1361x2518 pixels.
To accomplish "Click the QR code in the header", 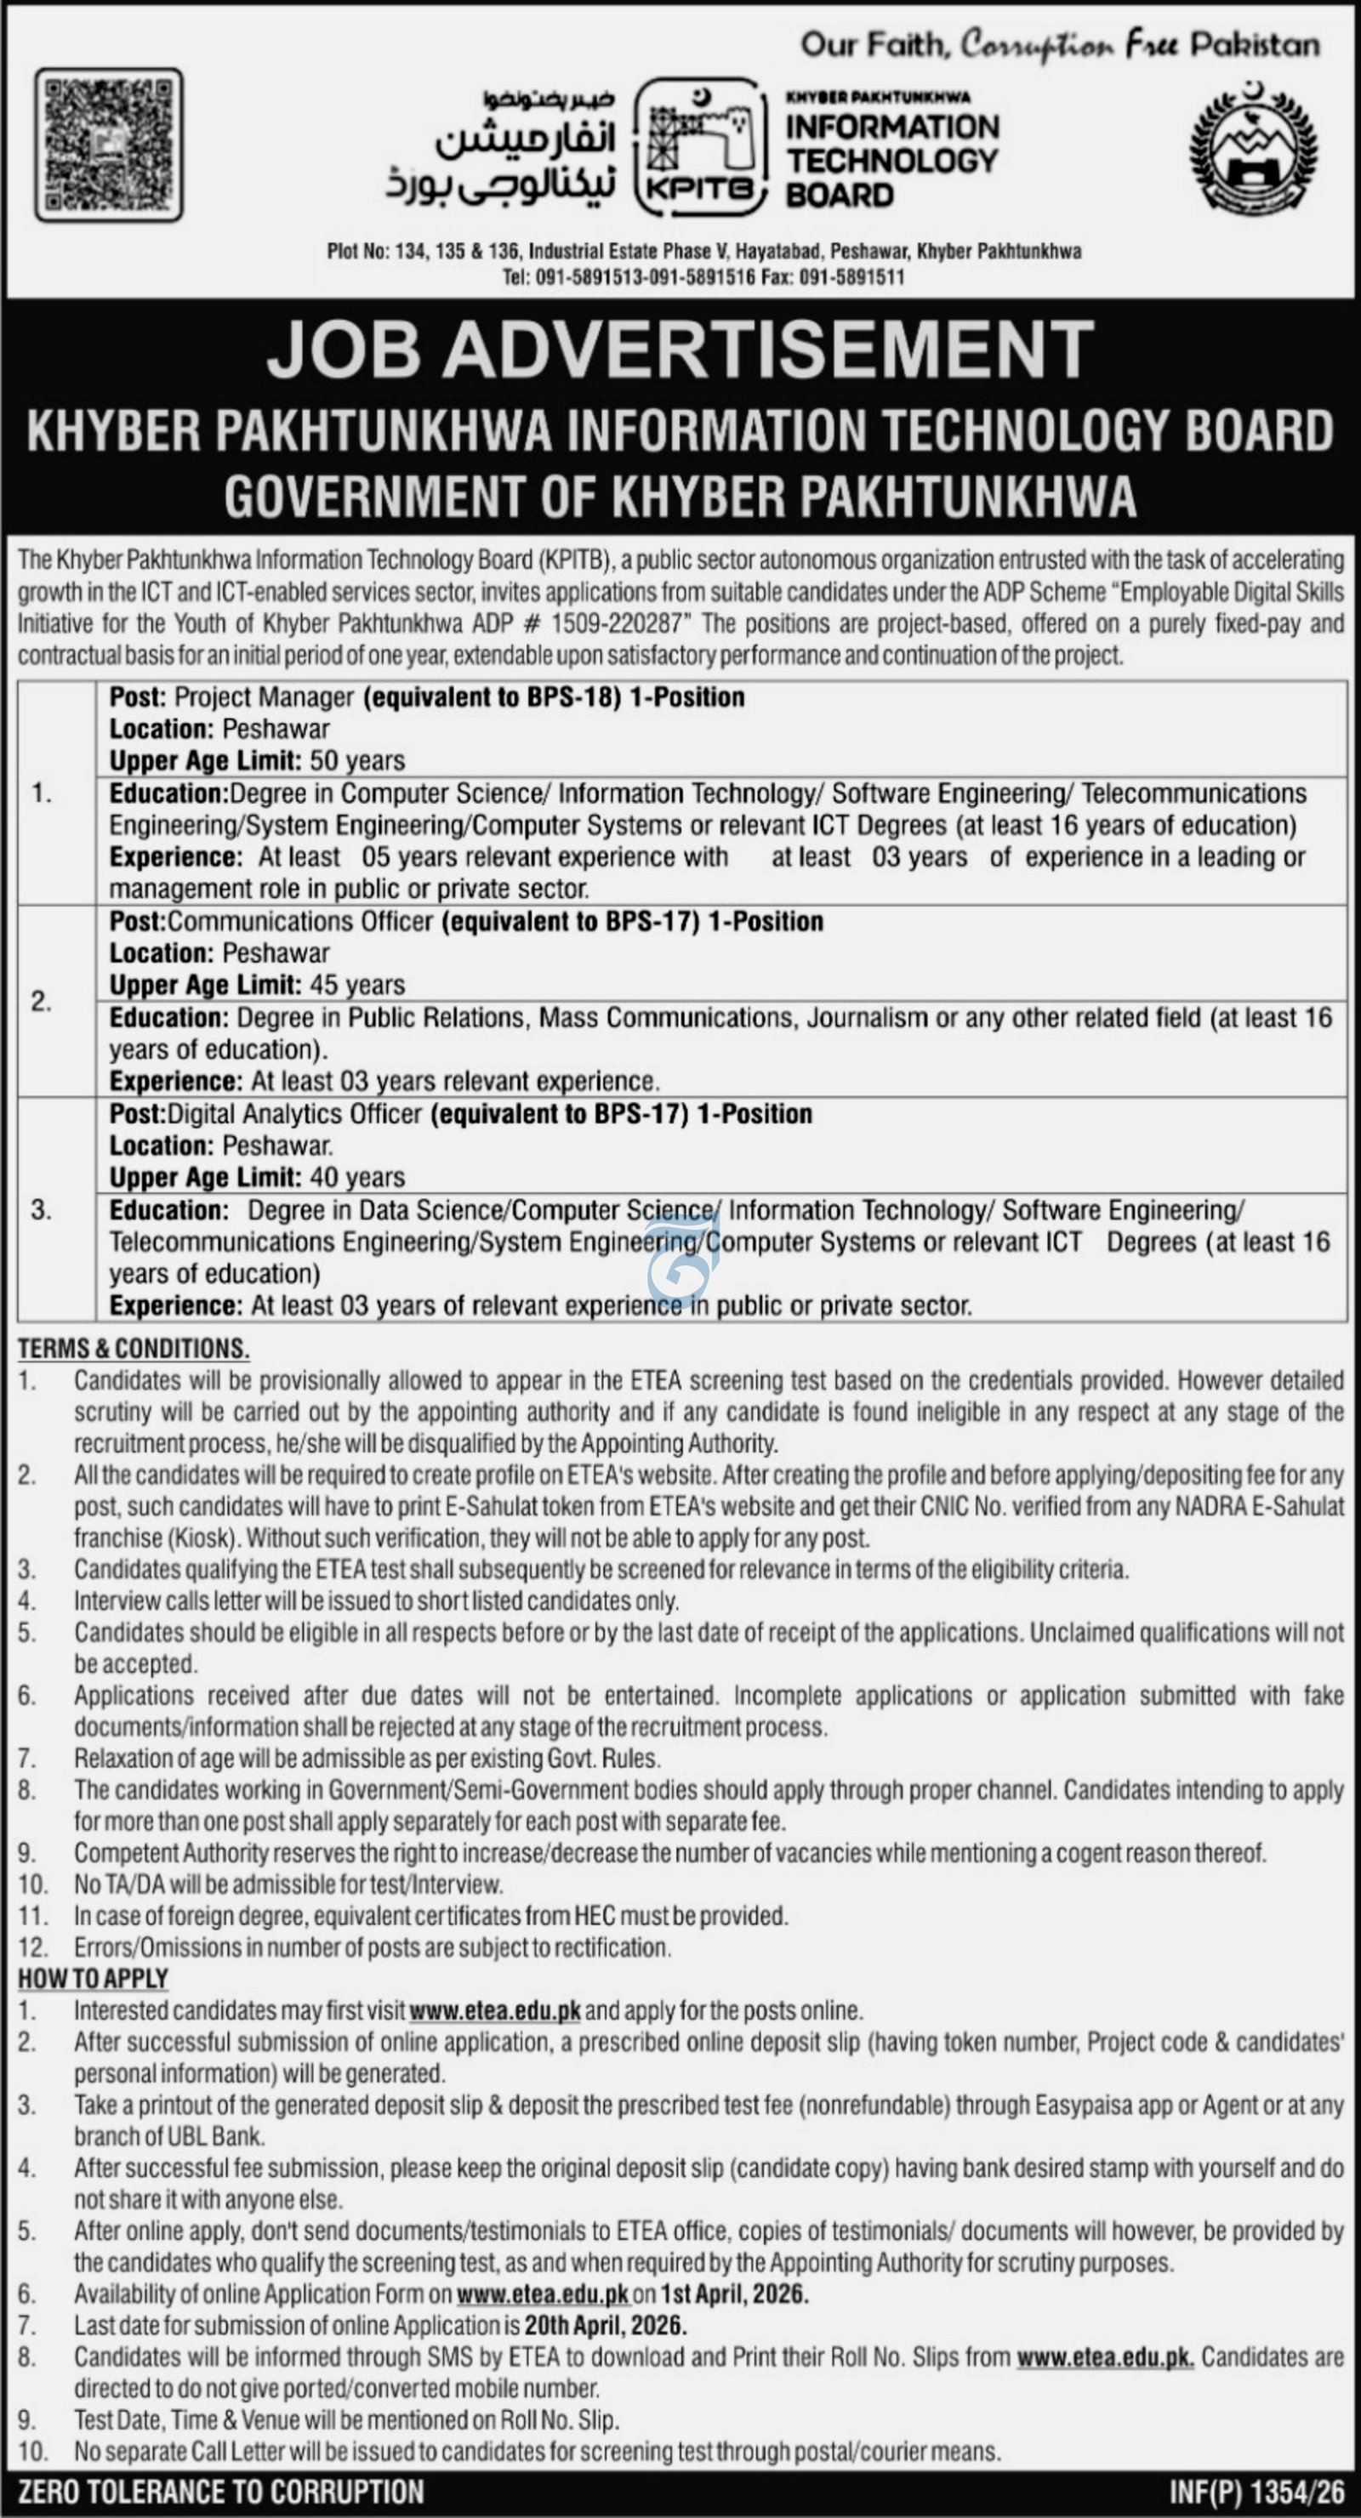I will [x=109, y=144].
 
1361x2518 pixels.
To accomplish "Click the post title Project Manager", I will [x=264, y=697].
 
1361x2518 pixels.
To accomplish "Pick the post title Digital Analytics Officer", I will [x=295, y=1114].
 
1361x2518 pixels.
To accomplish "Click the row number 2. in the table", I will [x=41, y=1002].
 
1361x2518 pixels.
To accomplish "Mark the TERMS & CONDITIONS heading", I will [x=133, y=1349].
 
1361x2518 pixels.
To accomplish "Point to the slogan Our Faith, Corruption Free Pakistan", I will [x=1060, y=44].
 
